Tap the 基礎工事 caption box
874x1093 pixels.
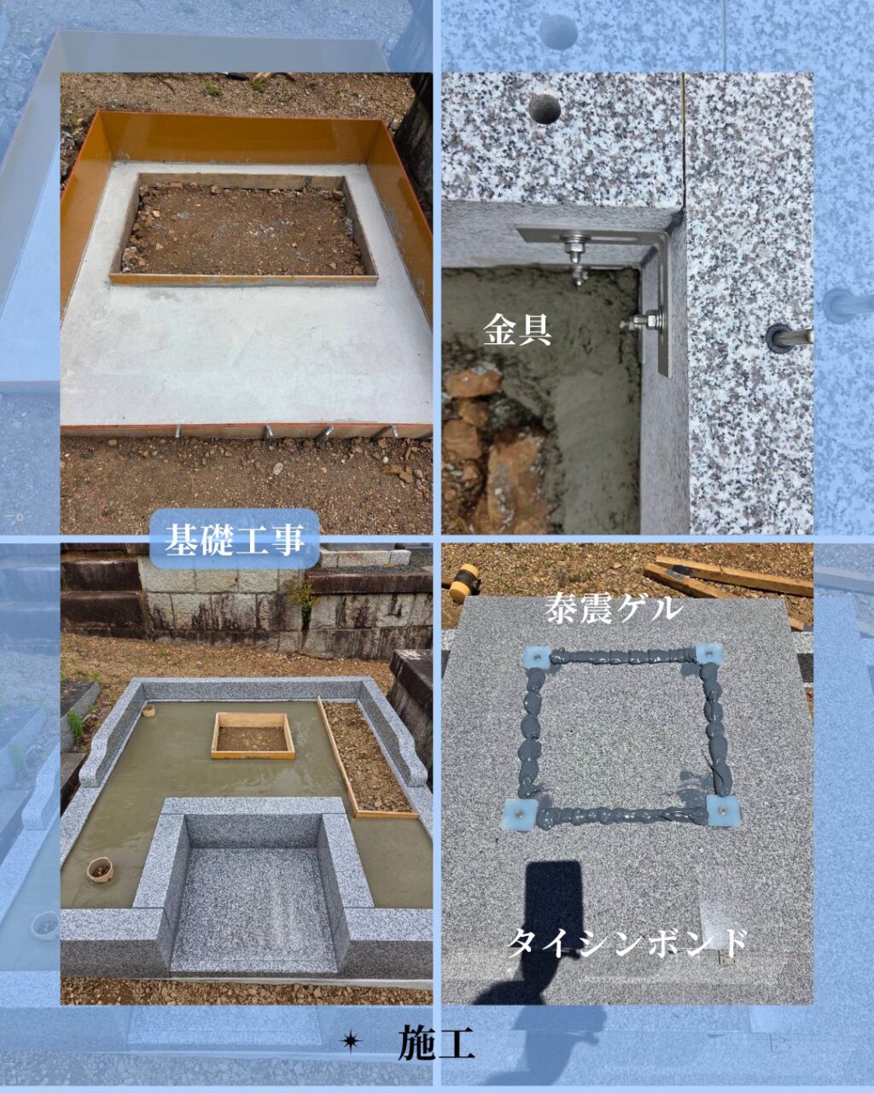tap(235, 538)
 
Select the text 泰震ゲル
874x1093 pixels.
tap(613, 610)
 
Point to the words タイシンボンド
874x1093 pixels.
tap(627, 944)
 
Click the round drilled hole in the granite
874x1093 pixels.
tap(545, 108)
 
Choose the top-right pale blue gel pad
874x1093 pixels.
tap(710, 654)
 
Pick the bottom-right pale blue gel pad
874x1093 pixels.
tap(724, 811)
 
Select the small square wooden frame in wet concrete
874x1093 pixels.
tap(253, 735)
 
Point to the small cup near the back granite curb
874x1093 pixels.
tap(149, 710)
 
